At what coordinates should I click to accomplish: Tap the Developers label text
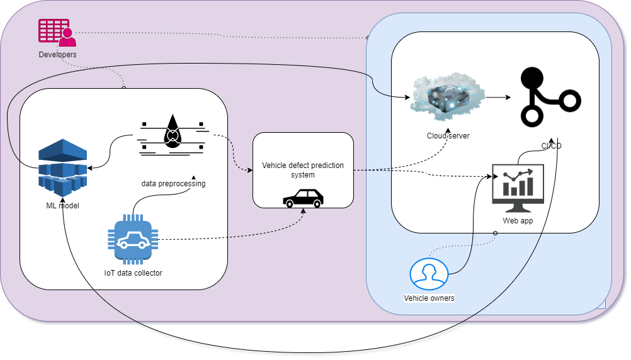pos(57,55)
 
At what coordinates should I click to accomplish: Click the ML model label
pos(62,206)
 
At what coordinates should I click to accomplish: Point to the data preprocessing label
pos(173,184)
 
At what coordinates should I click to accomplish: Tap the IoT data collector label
pos(133,273)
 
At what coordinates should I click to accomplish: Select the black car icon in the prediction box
pos(303,198)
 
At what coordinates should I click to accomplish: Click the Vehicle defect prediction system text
pos(303,170)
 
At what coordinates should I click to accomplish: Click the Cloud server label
pos(447,136)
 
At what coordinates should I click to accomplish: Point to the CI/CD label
pos(551,146)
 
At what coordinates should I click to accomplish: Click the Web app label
pos(517,221)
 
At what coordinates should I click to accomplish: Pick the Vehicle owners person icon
pos(429,274)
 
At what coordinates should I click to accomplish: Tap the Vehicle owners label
pos(429,298)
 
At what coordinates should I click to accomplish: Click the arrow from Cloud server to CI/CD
pos(497,98)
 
